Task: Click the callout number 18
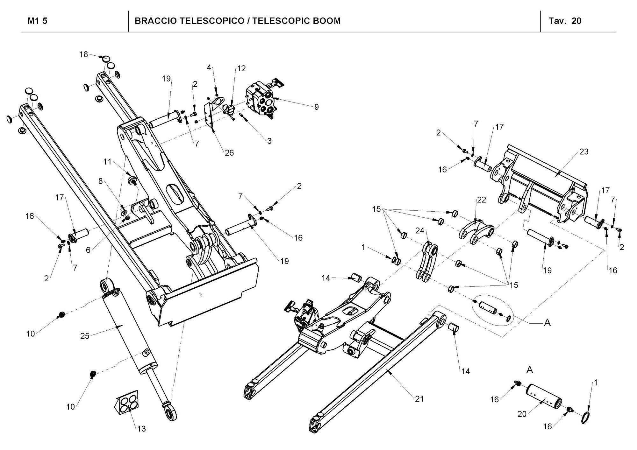pyautogui.click(x=83, y=54)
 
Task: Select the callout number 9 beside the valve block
pyautogui.click(x=316, y=107)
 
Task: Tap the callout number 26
pyautogui.click(x=229, y=153)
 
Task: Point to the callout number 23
pyautogui.click(x=584, y=152)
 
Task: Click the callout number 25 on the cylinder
pyautogui.click(x=85, y=336)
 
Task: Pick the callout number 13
pyautogui.click(x=141, y=429)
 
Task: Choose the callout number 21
pyautogui.click(x=419, y=399)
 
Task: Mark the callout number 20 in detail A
pyautogui.click(x=522, y=414)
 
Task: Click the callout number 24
pyautogui.click(x=420, y=230)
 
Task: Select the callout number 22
pyautogui.click(x=481, y=200)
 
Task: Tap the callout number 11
pyautogui.click(x=107, y=162)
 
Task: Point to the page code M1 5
pyautogui.click(x=38, y=21)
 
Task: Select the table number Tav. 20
pyautogui.click(x=565, y=21)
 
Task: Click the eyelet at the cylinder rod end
pyautogui.click(x=171, y=414)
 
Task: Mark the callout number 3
pyautogui.click(x=269, y=141)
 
